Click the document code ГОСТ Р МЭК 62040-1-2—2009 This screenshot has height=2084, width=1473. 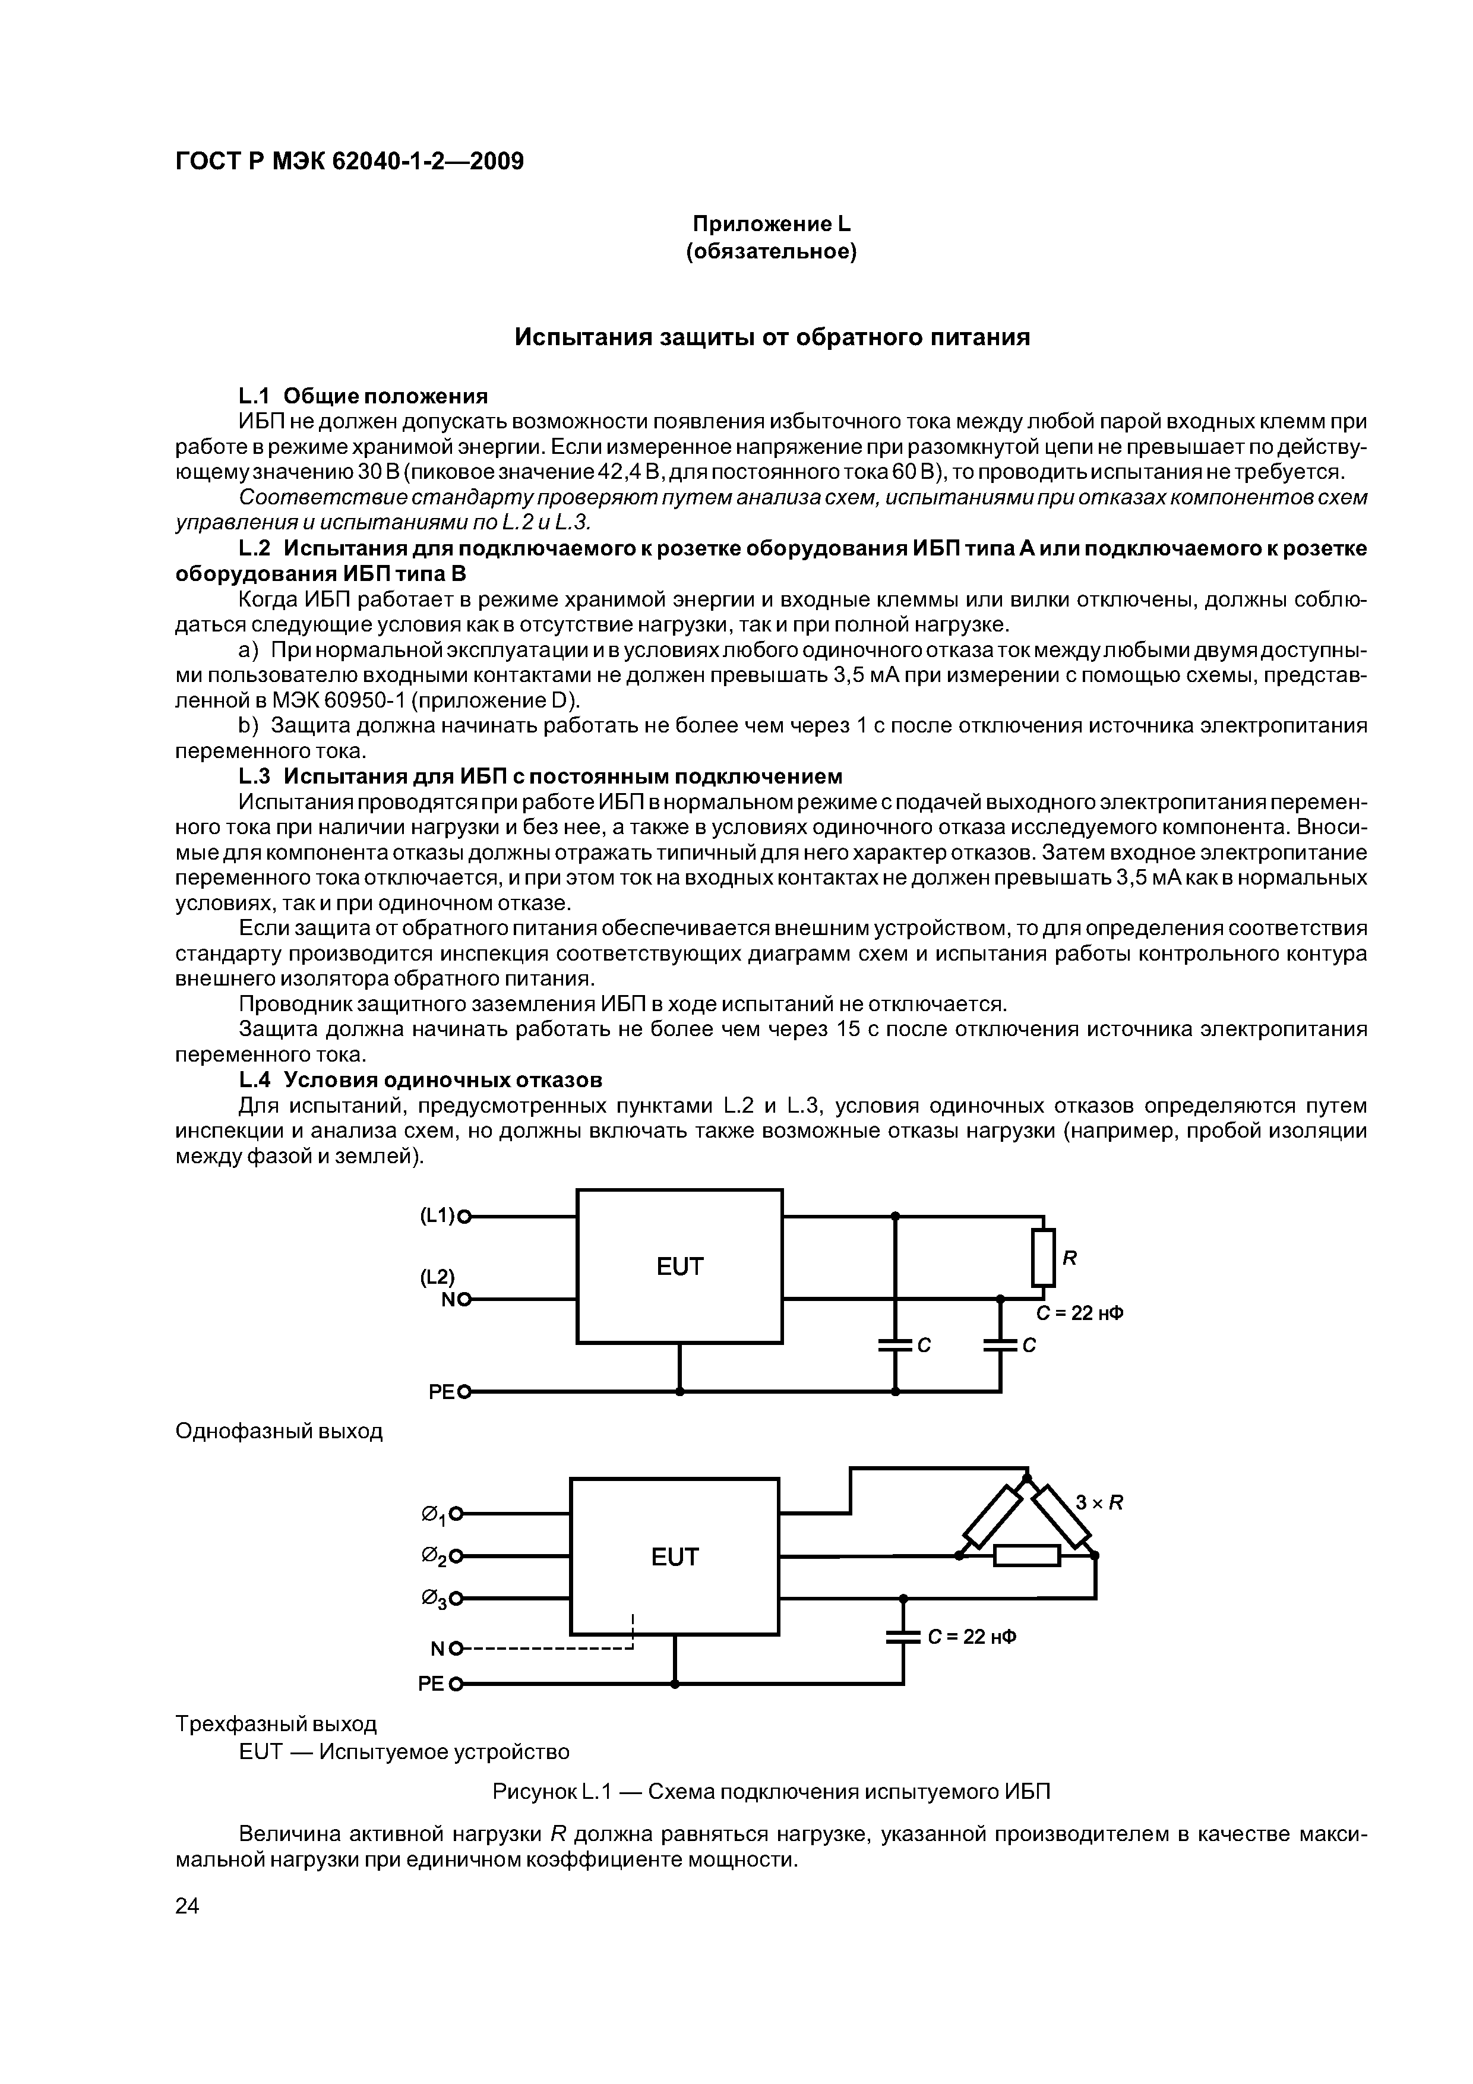(349, 162)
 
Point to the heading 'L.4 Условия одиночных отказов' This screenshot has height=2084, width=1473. (420, 1080)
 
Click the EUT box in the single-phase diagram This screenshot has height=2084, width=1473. (679, 1266)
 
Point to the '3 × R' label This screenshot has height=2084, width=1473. (1099, 1503)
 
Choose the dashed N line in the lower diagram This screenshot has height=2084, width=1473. (545, 1647)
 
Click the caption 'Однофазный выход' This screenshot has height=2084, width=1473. (279, 1431)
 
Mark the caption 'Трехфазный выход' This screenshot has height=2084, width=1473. (275, 1723)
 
